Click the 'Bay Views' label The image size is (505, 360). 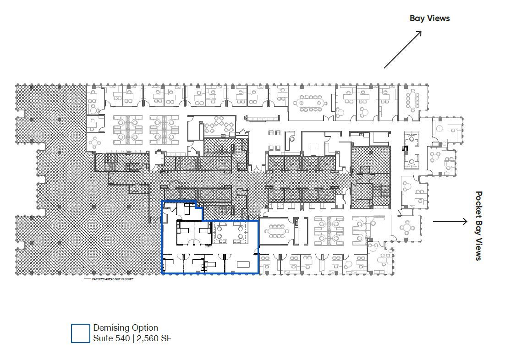point(429,18)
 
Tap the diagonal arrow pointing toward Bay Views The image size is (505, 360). point(402,50)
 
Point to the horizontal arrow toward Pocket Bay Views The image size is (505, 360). point(450,222)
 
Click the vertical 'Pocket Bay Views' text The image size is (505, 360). point(479,226)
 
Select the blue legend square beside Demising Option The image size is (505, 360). point(81,333)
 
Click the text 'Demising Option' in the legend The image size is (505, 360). point(126,328)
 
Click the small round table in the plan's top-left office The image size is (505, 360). point(94,109)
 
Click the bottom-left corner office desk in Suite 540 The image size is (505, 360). point(168,264)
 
